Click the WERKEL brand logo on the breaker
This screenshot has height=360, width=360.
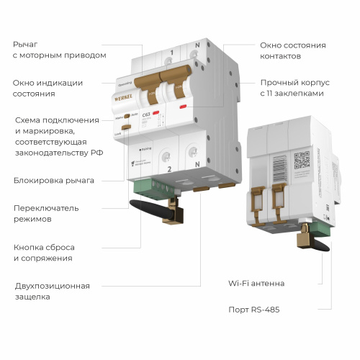click(125, 94)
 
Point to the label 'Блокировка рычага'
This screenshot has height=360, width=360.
click(54, 180)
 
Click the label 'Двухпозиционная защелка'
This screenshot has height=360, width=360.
click(52, 290)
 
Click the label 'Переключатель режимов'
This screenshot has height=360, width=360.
click(48, 213)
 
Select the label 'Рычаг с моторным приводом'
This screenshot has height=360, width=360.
click(59, 50)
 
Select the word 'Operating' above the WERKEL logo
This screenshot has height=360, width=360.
click(125, 83)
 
